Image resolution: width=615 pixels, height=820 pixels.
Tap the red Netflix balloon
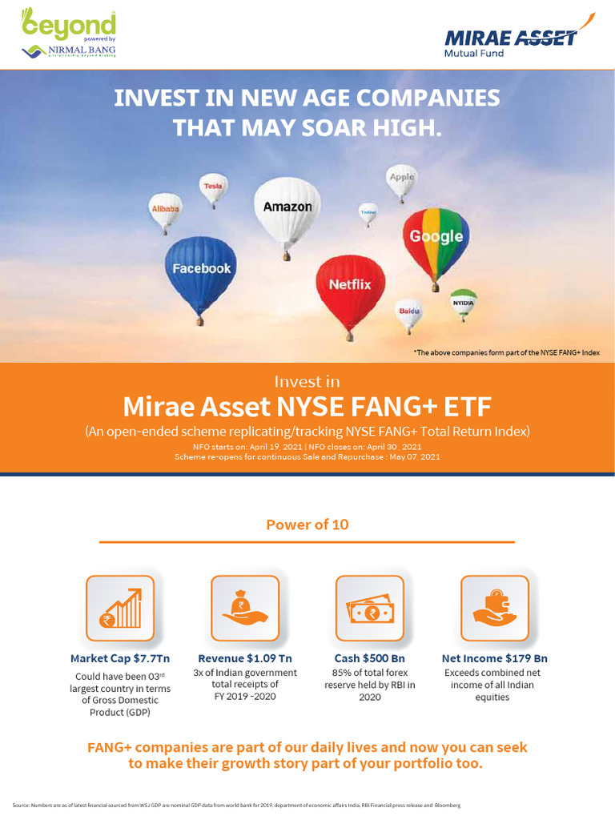(x=350, y=287)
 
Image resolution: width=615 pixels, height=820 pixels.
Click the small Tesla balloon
(x=213, y=187)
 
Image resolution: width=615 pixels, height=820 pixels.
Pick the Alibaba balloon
(x=166, y=210)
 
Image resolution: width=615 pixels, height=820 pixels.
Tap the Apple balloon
(x=402, y=179)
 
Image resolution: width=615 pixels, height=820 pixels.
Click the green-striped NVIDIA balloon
(x=463, y=303)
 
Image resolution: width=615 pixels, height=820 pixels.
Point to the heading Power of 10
(x=307, y=525)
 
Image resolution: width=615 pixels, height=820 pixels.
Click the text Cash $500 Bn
(x=370, y=658)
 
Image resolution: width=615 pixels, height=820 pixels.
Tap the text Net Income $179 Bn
(x=495, y=658)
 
